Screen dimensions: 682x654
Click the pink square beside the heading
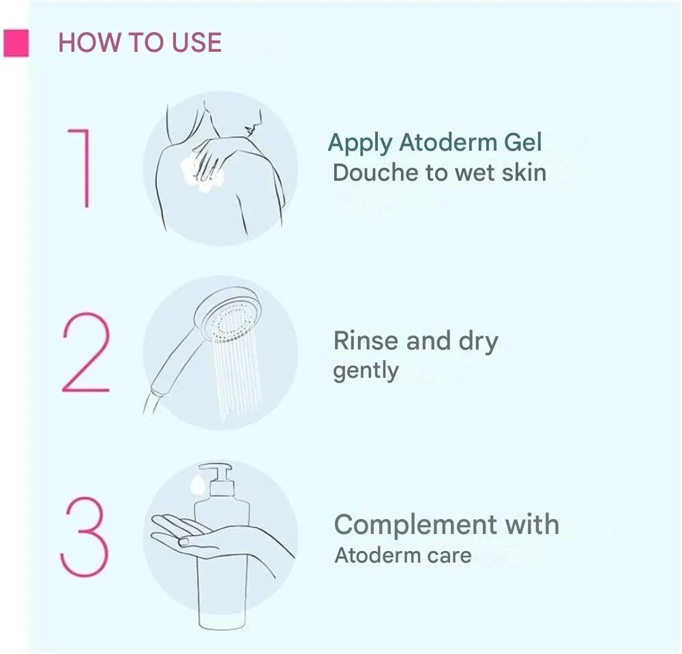16,43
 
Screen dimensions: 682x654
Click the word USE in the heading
196,42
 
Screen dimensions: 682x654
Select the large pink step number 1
80,168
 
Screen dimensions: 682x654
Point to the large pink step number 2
86,352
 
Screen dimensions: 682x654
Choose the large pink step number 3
84,536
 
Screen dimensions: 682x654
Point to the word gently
366,372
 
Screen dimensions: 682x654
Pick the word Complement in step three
416,525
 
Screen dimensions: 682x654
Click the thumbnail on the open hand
184,541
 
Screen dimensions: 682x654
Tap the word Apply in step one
360,143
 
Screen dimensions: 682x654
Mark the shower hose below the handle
149,403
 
